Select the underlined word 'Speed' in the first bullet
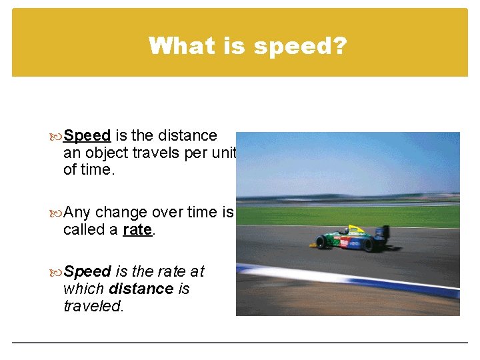[x=87, y=136]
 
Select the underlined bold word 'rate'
[x=137, y=230]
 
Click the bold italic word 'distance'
[x=143, y=289]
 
